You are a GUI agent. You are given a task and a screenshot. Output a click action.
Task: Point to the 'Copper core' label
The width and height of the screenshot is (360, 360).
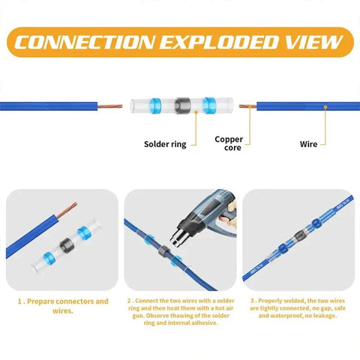229,143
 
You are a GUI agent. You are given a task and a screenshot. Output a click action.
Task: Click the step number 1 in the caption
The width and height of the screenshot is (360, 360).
20,301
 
